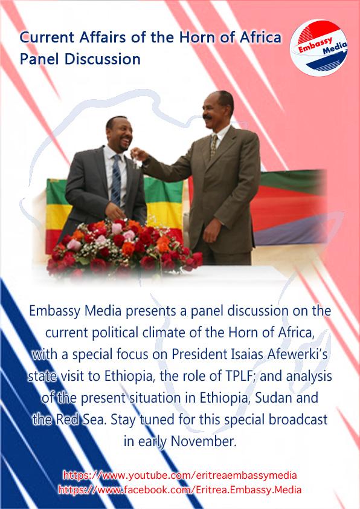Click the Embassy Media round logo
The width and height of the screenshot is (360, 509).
tap(319, 48)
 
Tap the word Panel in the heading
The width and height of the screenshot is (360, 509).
tap(40, 59)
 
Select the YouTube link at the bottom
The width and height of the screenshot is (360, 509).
tap(180, 476)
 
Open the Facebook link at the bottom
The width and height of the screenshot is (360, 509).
tap(180, 490)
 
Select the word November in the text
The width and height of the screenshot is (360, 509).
tap(204, 441)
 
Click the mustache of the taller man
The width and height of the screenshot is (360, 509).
tap(207, 115)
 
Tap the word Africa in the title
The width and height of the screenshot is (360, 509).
tap(260, 37)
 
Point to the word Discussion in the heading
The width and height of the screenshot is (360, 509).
tap(103, 59)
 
